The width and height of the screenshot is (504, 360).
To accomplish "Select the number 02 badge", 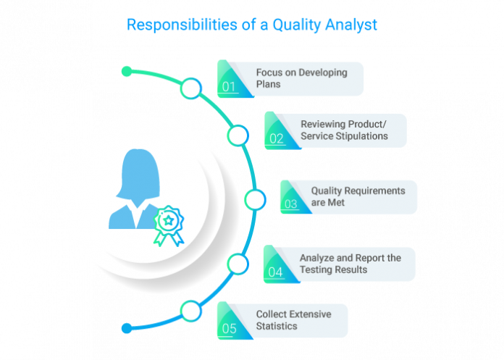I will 276,138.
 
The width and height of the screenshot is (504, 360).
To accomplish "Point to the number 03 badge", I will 291,204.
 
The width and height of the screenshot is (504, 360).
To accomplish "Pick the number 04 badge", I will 275,272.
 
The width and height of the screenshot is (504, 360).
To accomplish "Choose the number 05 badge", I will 229,329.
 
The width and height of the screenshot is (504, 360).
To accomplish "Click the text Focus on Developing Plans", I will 301,78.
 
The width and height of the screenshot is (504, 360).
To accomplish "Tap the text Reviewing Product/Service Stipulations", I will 344,130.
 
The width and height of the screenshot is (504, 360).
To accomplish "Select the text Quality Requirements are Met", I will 358,196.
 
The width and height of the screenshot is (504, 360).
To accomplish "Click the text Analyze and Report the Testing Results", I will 350,264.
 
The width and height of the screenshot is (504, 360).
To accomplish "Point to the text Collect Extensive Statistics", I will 293,320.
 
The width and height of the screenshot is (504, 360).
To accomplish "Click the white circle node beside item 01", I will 190,89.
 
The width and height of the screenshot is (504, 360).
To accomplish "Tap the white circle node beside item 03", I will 254,199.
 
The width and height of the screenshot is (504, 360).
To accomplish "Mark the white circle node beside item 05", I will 190,311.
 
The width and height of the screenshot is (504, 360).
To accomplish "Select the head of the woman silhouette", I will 137,167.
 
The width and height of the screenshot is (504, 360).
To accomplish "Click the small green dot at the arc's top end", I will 127,71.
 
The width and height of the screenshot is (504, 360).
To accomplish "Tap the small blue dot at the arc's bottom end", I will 127,328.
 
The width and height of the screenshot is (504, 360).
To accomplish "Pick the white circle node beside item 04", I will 238,264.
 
